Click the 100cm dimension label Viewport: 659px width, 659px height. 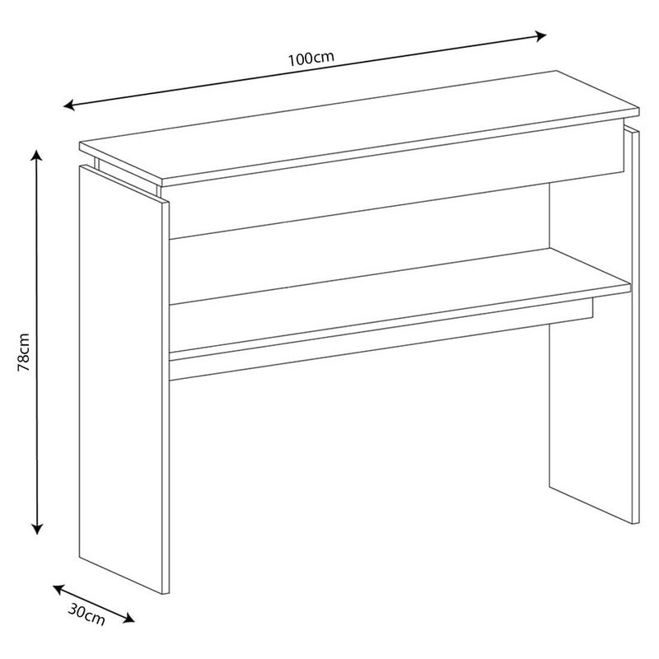[x=311, y=58]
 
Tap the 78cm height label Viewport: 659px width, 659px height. [x=24, y=353]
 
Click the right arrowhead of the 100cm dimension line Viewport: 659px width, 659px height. [x=540, y=36]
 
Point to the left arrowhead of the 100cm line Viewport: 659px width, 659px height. [x=69, y=105]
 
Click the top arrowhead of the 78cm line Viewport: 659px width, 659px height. [x=37, y=155]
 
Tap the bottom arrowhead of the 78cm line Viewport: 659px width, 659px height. [x=37, y=528]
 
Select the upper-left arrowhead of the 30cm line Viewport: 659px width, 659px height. [x=58, y=589]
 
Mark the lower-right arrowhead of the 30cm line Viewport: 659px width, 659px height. [x=129, y=618]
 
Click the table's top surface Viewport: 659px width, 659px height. [x=360, y=125]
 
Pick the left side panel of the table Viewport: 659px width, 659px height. [x=120, y=378]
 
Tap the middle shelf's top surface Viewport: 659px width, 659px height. [x=400, y=276]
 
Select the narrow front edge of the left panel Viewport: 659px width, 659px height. [x=166, y=398]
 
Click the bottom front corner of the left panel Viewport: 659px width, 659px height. [x=166, y=593]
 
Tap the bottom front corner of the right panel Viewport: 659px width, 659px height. [x=635, y=523]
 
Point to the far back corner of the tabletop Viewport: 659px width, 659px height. [x=557, y=71]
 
